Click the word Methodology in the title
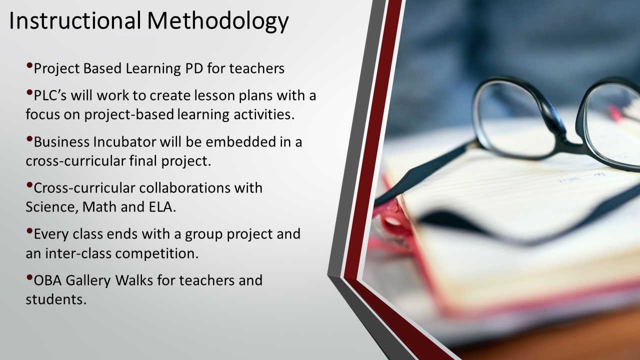click(x=217, y=21)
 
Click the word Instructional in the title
click(x=75, y=20)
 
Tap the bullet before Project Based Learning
click(x=29, y=65)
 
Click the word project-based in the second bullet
click(x=129, y=115)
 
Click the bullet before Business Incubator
click(x=29, y=139)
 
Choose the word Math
click(x=99, y=207)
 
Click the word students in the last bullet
click(x=55, y=299)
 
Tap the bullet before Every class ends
click(x=29, y=231)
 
